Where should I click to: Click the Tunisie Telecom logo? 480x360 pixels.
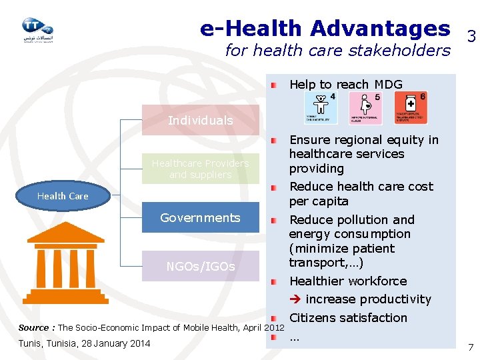[x=37, y=29]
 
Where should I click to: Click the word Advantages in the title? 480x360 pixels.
[x=379, y=29]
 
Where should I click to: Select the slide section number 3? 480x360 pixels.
[x=471, y=37]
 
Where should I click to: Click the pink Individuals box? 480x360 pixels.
[x=200, y=121]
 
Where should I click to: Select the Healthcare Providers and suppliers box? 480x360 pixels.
[x=200, y=169]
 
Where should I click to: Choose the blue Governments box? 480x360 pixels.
[x=200, y=218]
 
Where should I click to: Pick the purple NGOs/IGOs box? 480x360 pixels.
[x=200, y=266]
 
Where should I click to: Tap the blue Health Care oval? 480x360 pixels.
[x=63, y=196]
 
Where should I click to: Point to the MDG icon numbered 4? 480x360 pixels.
[x=321, y=107]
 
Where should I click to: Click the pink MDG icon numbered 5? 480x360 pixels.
[x=365, y=107]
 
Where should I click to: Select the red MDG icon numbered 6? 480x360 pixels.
[x=411, y=107]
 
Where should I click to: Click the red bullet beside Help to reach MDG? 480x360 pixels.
[x=275, y=85]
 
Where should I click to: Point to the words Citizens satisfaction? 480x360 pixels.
[x=348, y=318]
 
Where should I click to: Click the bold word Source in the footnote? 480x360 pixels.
[x=33, y=327]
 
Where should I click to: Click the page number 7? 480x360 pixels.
[x=471, y=347]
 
